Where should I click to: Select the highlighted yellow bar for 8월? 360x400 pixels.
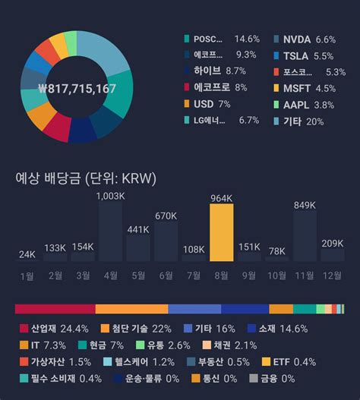[222, 234]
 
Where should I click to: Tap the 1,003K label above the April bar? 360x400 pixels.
[110, 196]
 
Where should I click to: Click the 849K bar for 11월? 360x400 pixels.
[305, 236]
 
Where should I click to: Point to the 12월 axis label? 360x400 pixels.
[332, 276]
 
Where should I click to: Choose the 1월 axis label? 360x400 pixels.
[27, 276]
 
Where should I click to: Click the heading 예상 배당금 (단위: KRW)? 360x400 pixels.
[85, 178]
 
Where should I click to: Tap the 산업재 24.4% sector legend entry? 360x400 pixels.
[52, 329]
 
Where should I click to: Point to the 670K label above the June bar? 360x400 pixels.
[166, 216]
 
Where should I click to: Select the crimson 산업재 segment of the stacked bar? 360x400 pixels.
[55, 309]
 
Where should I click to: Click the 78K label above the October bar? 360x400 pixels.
[277, 250]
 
